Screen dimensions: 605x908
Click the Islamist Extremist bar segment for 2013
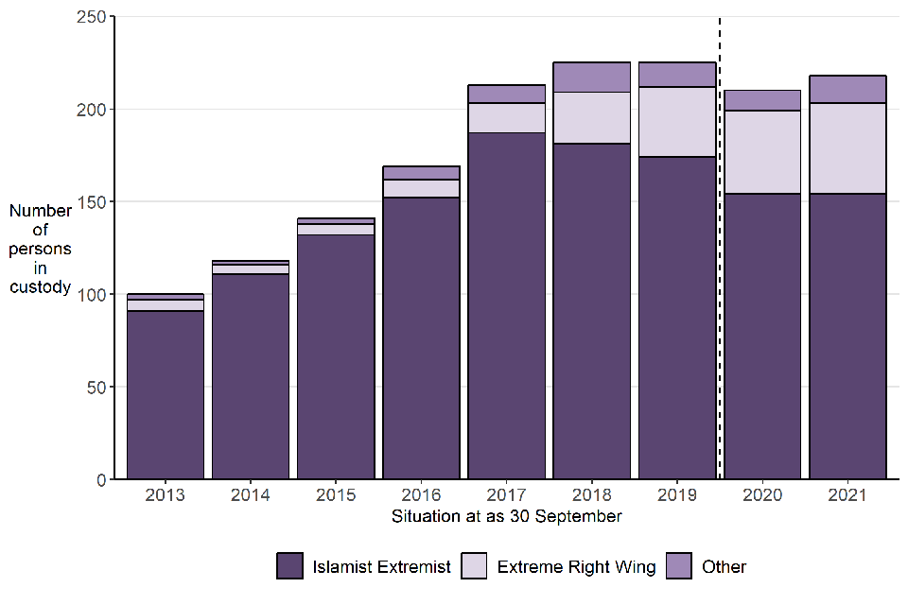tap(166, 394)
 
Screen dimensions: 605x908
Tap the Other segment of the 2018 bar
tap(592, 77)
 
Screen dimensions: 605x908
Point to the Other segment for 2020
tap(762, 100)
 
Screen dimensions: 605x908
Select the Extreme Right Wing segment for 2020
tap(762, 152)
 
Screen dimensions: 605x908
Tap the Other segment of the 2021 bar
tap(847, 89)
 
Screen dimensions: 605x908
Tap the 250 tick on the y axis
tap(87, 17)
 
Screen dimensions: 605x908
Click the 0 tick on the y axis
tap(98, 479)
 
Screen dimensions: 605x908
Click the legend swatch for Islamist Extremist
tap(290, 566)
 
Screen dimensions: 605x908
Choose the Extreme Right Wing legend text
tap(576, 567)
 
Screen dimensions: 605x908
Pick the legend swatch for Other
tap(680, 566)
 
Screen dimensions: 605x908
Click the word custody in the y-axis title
tap(41, 286)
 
